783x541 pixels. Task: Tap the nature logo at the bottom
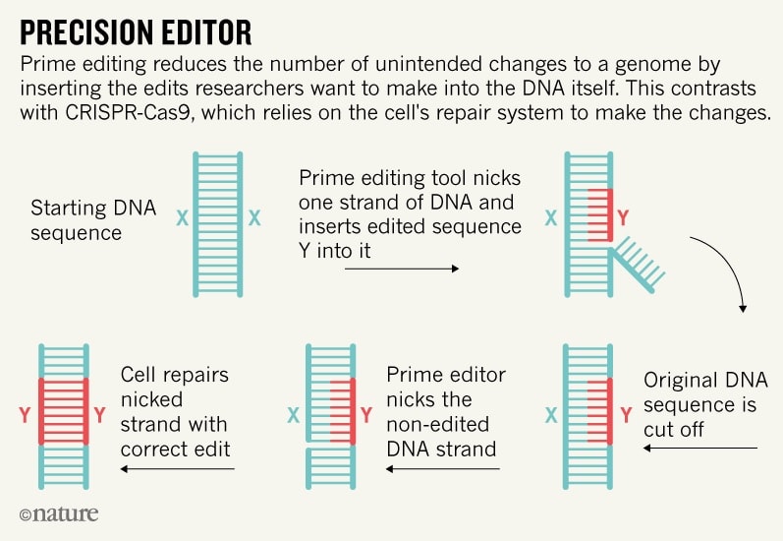tap(59, 514)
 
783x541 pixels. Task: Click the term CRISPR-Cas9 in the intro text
tap(128, 112)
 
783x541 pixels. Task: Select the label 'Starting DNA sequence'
tap(93, 220)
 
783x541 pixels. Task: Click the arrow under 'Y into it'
tap(402, 269)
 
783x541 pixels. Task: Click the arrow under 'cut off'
tap(700, 448)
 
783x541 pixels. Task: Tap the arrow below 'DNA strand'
tap(443, 469)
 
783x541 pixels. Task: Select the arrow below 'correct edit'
tap(177, 469)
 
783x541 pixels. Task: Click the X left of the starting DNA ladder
tap(183, 218)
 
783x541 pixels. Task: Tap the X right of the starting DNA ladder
tap(254, 218)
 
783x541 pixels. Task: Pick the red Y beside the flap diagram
tap(623, 218)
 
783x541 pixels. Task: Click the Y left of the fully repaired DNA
tap(25, 415)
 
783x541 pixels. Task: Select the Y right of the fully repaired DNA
tap(100, 415)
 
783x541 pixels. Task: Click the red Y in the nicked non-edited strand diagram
tap(366, 415)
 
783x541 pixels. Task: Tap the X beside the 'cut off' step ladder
tap(551, 415)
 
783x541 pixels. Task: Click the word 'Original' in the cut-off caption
tap(676, 381)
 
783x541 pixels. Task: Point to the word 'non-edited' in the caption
tap(438, 425)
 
